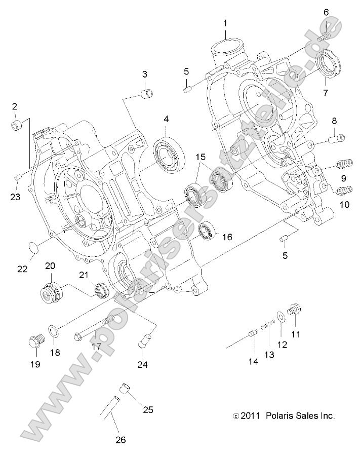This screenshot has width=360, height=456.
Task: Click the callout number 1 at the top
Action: tap(225, 23)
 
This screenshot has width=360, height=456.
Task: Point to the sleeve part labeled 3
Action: tap(145, 94)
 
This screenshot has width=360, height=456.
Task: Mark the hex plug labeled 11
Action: tap(295, 311)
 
